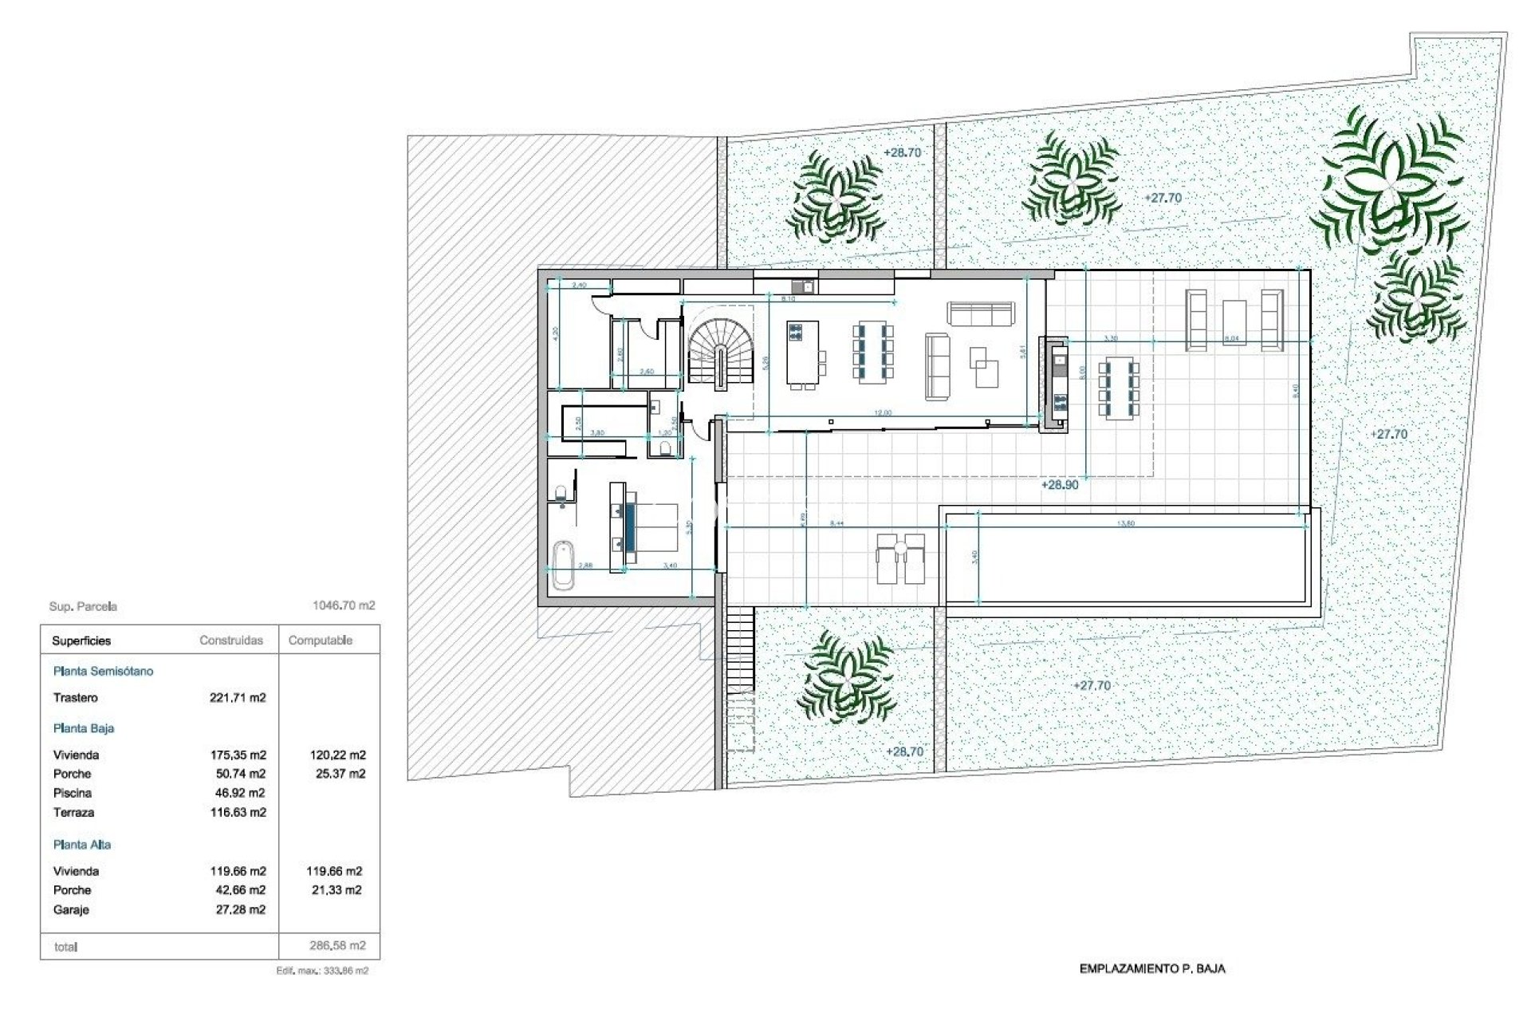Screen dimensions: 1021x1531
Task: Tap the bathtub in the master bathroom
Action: pos(563,564)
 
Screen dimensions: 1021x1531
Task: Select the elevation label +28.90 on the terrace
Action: pos(1060,485)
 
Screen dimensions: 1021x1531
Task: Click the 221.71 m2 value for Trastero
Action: pos(238,698)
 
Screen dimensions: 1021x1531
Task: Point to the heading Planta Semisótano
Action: pos(103,671)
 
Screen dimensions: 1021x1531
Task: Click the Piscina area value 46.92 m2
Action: pos(238,793)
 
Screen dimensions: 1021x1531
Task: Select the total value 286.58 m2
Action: pos(337,946)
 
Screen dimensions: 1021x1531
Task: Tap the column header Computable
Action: pos(320,641)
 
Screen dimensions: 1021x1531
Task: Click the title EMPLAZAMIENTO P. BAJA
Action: pos(1151,969)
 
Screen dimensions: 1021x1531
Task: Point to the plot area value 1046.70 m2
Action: pos(343,605)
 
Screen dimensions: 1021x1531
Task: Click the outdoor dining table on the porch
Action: pos(1119,389)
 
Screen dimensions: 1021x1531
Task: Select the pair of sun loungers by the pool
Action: pos(901,559)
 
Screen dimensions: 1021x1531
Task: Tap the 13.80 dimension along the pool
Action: pos(1126,524)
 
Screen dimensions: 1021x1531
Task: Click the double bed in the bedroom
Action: pos(650,527)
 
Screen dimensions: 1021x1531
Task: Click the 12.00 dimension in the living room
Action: pos(883,413)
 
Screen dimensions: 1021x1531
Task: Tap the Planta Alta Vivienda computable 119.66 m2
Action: pos(334,871)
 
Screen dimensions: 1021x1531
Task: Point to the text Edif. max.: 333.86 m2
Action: pos(322,971)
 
